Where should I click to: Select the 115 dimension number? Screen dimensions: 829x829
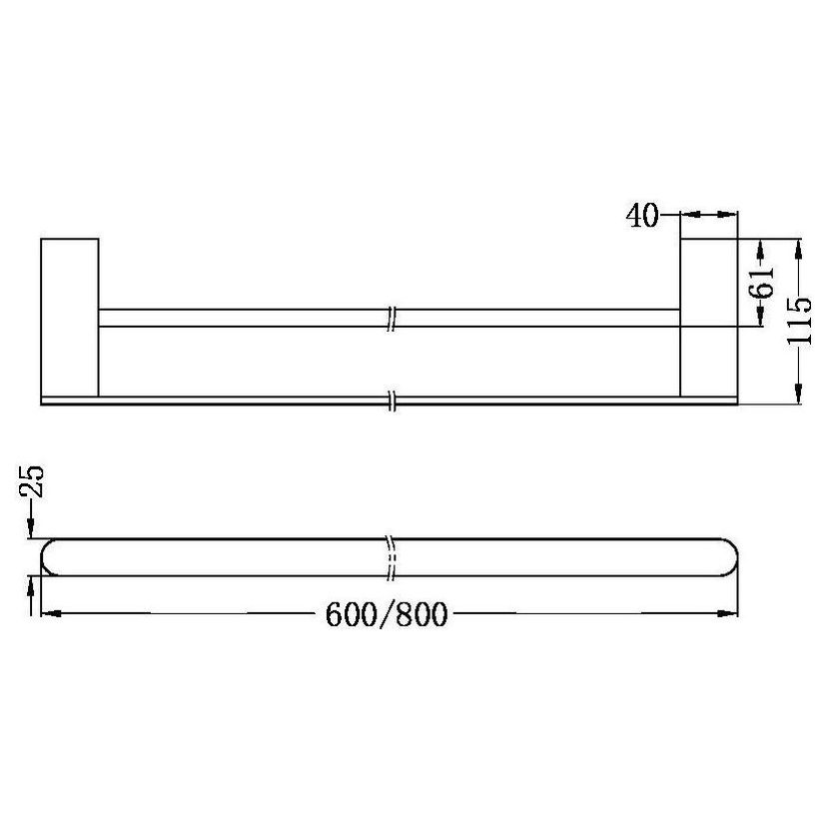[799, 321]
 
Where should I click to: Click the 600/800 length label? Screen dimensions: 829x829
[385, 613]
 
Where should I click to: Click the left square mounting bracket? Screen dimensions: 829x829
[69, 319]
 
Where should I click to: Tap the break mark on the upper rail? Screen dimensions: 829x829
[394, 317]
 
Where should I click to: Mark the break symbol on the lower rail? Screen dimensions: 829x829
[394, 400]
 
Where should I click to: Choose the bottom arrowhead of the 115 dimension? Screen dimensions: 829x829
[799, 398]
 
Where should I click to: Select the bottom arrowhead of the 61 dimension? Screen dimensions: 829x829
[761, 321]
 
